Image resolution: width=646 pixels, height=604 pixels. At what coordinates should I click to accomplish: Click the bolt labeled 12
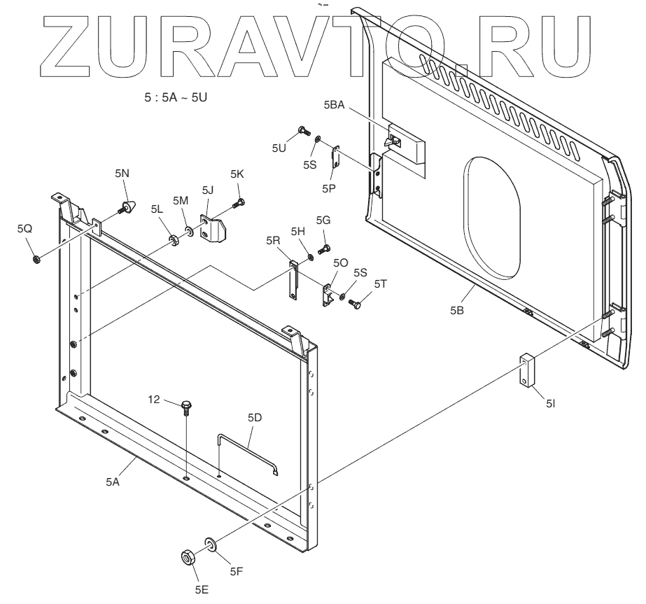[x=185, y=406]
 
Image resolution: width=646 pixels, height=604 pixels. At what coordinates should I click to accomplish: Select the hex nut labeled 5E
[x=188, y=558]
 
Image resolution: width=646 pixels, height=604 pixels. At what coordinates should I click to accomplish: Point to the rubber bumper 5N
[x=127, y=207]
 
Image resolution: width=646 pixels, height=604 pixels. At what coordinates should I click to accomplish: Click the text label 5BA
[x=335, y=104]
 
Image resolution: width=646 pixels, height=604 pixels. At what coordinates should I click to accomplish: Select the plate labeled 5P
[x=337, y=157]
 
